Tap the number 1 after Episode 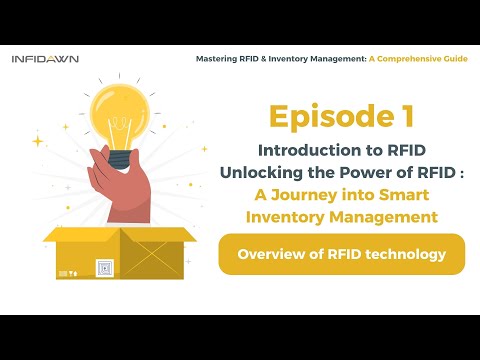coord(403,118)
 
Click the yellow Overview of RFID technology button coord(341,255)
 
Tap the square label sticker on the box coord(103,267)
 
